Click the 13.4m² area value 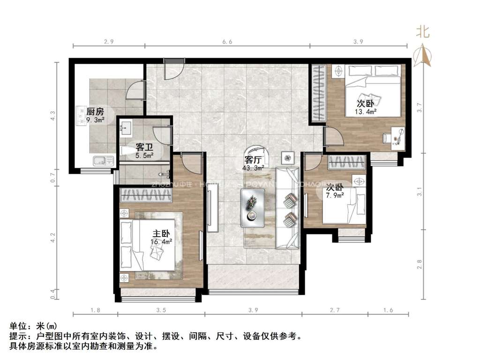click(x=366, y=112)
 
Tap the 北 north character click(x=423, y=32)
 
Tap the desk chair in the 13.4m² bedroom click(x=388, y=137)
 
